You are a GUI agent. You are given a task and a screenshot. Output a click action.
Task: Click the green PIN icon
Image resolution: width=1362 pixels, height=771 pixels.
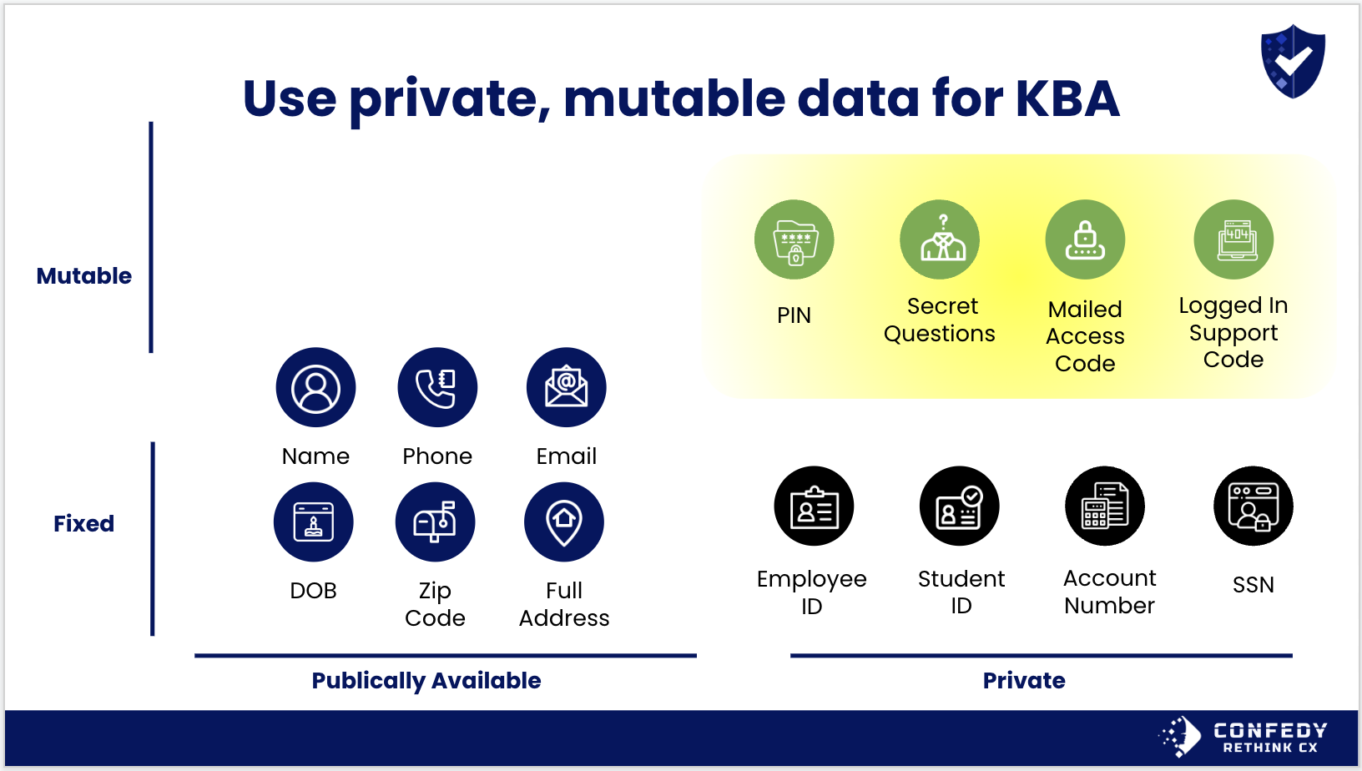794,239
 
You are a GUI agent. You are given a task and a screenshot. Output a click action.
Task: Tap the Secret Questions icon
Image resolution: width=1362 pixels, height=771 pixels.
940,239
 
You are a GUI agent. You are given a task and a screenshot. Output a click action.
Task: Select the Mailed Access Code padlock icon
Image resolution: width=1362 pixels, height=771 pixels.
1085,239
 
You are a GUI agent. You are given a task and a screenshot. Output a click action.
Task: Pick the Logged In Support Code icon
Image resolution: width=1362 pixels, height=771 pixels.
1233,239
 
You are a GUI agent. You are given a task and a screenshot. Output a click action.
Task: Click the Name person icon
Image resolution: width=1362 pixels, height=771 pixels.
315,387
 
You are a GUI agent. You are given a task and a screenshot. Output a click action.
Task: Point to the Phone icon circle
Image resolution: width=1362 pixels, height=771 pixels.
438,387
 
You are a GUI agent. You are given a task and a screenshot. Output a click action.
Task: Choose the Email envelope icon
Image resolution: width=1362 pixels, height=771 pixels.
566,387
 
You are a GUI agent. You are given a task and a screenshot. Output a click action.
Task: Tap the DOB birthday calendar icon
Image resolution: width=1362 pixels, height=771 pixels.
313,522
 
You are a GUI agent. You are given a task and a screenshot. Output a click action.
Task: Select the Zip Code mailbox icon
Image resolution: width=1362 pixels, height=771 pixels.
436,522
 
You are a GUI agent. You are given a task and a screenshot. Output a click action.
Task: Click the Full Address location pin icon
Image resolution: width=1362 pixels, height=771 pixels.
563,522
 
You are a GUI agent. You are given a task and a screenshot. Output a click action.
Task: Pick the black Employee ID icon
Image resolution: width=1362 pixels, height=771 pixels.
815,506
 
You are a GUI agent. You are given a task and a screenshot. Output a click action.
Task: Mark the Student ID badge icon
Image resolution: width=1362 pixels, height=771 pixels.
960,506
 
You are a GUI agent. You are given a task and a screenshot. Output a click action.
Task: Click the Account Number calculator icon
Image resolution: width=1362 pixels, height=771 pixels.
1105,506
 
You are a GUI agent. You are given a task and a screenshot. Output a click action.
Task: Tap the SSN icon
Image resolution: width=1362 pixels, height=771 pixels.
1254,506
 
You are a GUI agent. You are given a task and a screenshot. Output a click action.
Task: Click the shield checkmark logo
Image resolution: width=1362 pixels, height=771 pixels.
1293,61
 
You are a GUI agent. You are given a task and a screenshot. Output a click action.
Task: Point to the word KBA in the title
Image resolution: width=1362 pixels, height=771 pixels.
1067,98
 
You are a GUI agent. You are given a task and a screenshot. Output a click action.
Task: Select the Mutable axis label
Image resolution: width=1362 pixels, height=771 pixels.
84,276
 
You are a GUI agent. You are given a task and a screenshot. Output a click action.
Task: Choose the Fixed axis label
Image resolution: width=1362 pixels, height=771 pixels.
84,523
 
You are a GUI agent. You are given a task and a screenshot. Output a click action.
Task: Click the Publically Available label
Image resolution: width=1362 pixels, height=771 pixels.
426,681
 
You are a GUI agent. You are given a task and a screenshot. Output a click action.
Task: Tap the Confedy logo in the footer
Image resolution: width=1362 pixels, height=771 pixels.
1243,736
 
